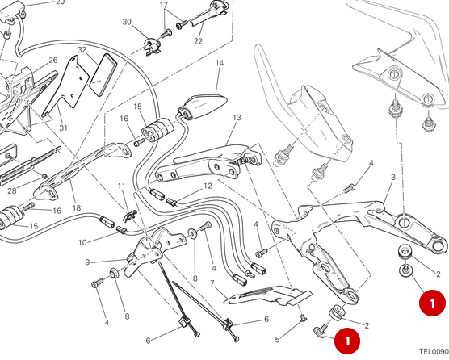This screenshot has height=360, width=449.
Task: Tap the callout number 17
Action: [x=163, y=6]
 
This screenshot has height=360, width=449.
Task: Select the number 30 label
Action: [x=128, y=23]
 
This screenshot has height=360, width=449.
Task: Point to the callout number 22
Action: [x=198, y=41]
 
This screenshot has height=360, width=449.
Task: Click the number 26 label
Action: [x=52, y=61]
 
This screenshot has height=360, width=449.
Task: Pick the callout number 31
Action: [x=64, y=127]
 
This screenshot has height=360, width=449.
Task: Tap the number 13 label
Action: [x=237, y=118]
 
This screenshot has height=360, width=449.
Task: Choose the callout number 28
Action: [x=11, y=191]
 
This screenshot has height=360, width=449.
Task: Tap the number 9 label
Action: [x=87, y=262]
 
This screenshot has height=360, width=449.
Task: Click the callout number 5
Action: [x=276, y=339]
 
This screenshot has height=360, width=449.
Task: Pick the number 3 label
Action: [x=392, y=178]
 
